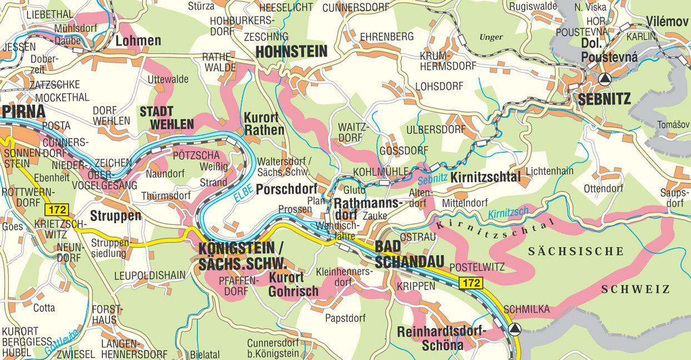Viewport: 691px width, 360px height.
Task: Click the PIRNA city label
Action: [x=23, y=111]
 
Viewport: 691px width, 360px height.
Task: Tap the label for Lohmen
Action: [x=138, y=41]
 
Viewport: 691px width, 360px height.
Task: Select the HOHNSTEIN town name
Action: [x=291, y=52]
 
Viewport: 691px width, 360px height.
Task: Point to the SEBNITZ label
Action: [x=604, y=99]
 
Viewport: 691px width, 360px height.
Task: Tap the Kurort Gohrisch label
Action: [x=294, y=284]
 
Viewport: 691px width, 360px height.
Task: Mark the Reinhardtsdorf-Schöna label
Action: [x=442, y=338]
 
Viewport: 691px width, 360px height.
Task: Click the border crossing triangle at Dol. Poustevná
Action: [x=605, y=78]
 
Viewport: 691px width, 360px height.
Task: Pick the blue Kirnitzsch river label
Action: [x=508, y=213]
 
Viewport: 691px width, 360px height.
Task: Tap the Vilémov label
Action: [x=667, y=21]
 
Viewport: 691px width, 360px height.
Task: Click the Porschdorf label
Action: [x=286, y=189]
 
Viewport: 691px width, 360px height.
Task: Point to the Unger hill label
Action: [x=490, y=37]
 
